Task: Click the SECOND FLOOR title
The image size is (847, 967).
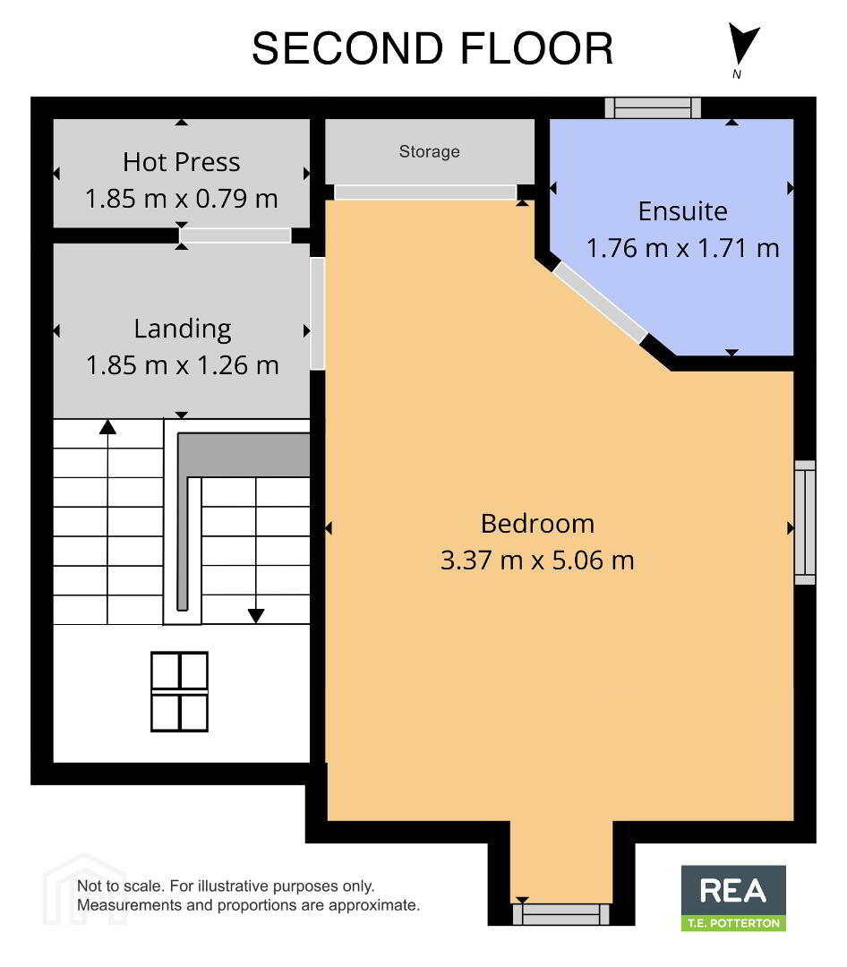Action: pos(432,48)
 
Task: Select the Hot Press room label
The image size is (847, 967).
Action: pos(182,162)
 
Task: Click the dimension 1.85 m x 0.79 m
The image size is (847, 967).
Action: pos(182,199)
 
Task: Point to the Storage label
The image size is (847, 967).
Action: pos(430,151)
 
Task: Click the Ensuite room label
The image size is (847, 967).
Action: pos(682,211)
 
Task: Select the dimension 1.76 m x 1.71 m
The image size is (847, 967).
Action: pos(682,248)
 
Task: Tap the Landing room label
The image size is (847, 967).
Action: pos(183,329)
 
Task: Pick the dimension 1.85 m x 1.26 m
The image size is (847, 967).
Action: pos(182,365)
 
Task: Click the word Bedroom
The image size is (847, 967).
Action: pos(537,524)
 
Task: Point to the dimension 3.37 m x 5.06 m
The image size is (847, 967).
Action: pos(537,560)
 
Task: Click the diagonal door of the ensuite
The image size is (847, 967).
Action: pos(600,303)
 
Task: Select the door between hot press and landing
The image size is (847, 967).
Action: pos(235,235)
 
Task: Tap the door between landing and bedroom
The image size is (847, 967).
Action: pos(317,313)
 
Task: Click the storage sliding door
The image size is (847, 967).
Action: pos(425,192)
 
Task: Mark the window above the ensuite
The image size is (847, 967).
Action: pos(653,107)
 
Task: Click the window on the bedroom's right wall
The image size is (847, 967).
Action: pos(805,522)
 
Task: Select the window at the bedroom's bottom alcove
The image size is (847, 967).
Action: pos(560,914)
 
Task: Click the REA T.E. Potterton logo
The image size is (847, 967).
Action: pos(733,898)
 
